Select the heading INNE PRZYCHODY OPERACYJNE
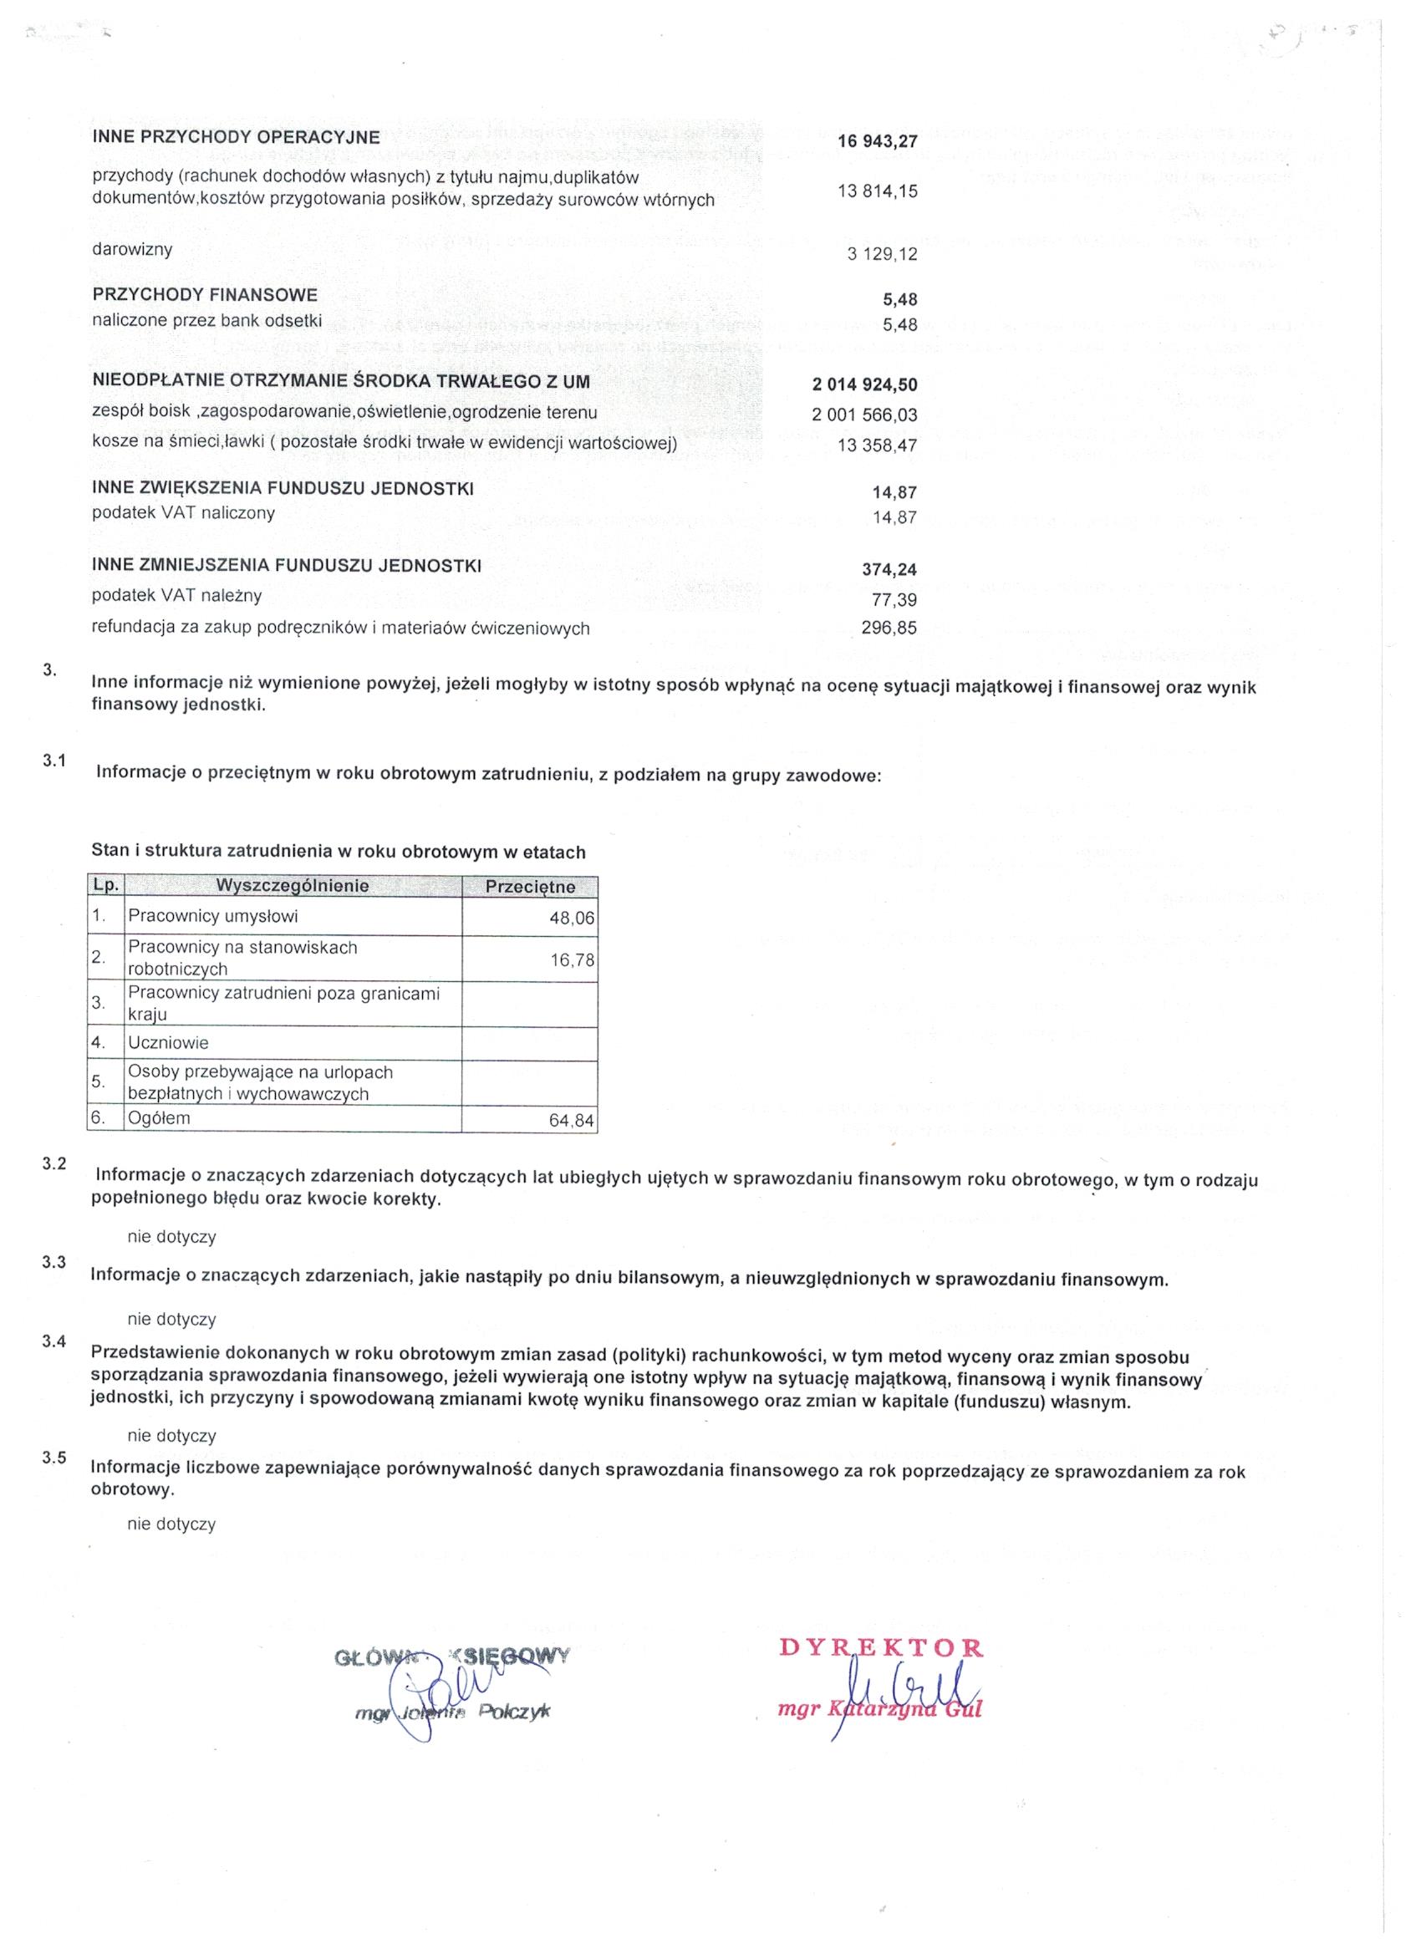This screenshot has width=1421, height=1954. [x=236, y=137]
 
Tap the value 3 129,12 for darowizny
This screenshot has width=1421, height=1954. [x=883, y=254]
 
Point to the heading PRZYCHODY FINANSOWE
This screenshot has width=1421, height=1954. [x=205, y=295]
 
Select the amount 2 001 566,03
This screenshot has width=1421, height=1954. [x=864, y=415]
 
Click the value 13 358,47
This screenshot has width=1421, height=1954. [x=877, y=445]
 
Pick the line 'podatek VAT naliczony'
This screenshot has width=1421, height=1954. [x=184, y=513]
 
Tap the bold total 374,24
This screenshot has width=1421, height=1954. [x=889, y=569]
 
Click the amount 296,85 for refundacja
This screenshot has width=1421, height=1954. [x=889, y=629]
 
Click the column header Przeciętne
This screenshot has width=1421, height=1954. [x=529, y=887]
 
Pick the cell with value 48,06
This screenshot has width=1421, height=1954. [x=572, y=918]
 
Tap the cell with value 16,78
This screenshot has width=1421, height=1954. [x=573, y=959]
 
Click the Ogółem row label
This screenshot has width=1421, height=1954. [x=160, y=1118]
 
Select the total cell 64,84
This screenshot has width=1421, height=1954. [x=572, y=1121]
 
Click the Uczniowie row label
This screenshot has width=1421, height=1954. [x=169, y=1043]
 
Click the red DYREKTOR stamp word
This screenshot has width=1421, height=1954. [x=881, y=1648]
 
